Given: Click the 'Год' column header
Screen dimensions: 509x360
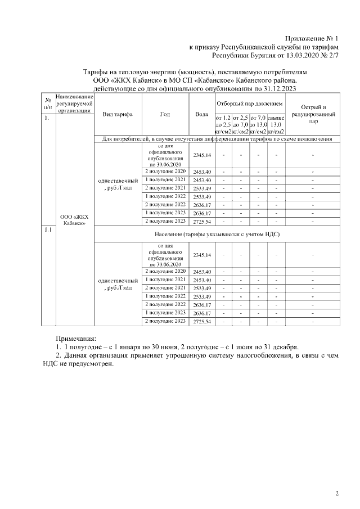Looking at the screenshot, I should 165,114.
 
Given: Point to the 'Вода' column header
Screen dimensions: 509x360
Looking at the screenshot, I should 201,114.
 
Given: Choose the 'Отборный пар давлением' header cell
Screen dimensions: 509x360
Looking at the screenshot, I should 249,104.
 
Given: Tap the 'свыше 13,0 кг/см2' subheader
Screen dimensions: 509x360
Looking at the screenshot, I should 276,124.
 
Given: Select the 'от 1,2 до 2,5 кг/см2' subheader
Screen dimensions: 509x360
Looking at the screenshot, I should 223,124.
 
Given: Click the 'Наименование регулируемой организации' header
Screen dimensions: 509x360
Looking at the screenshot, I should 74,104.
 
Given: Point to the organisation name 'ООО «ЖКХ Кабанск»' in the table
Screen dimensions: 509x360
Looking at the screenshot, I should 74,219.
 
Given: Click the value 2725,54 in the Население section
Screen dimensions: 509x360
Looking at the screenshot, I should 201,321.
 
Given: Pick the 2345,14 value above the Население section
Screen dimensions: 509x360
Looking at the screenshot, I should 201,155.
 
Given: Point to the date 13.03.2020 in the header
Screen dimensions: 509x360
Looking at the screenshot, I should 304,56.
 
